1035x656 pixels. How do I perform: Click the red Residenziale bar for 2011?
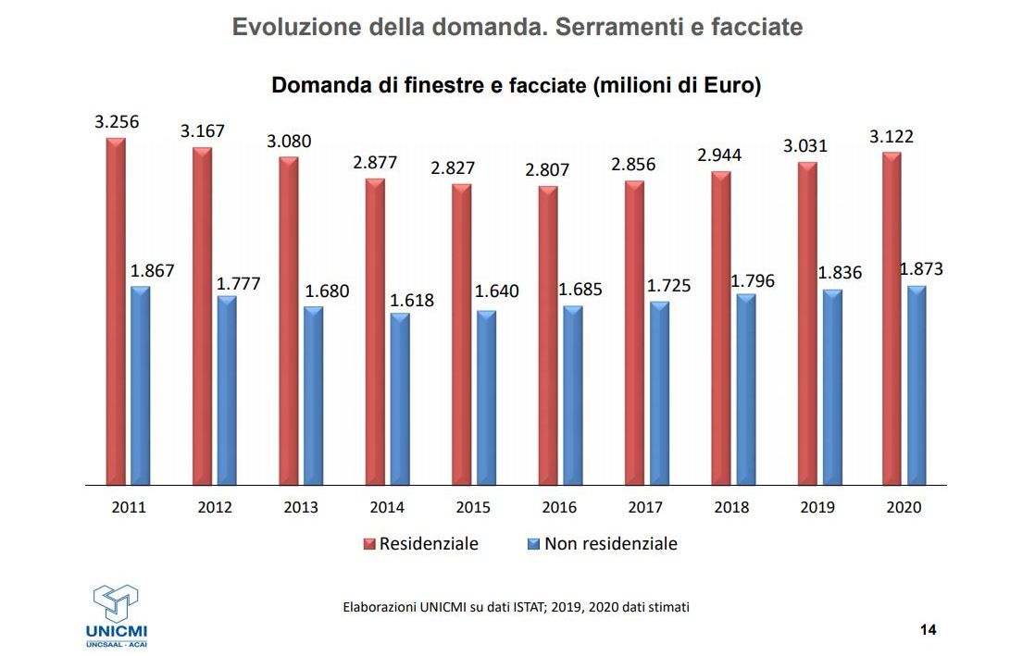(x=115, y=311)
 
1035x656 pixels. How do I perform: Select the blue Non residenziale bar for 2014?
(x=400, y=399)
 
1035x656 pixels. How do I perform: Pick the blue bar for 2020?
(x=917, y=385)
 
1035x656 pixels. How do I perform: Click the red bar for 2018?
(x=721, y=328)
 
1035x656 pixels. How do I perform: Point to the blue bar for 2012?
(x=227, y=390)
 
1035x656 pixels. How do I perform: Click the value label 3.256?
(x=117, y=121)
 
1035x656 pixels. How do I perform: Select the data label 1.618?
(x=412, y=300)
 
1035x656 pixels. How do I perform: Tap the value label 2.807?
(x=548, y=170)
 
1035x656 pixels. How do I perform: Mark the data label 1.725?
(x=669, y=286)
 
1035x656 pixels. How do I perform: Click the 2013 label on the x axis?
(x=301, y=507)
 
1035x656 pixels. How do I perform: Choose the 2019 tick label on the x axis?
(x=817, y=507)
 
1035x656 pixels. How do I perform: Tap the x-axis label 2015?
(x=473, y=507)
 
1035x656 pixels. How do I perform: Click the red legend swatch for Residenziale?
(x=368, y=544)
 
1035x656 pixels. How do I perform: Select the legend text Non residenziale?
(x=610, y=544)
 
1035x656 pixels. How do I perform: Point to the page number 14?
(x=929, y=630)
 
